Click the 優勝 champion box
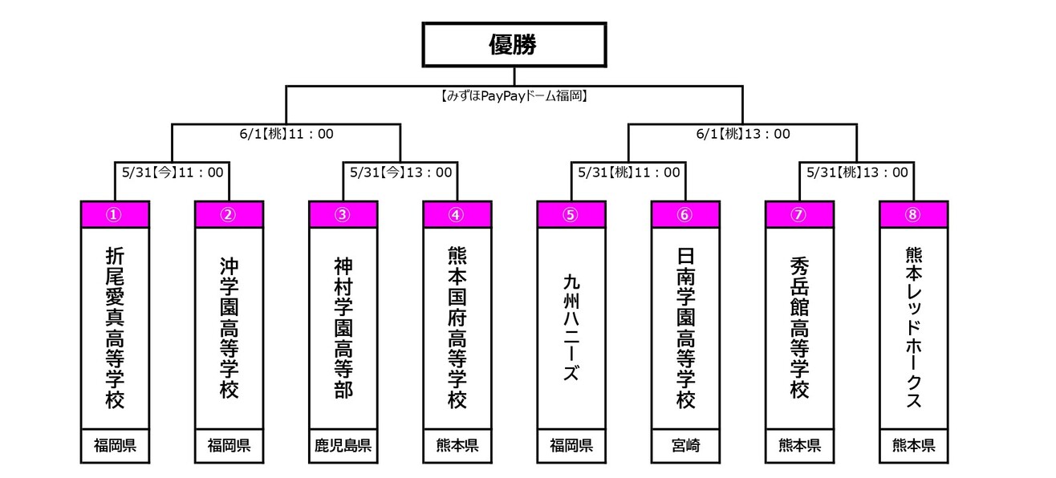[x=514, y=45]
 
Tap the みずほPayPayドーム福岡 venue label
[x=514, y=96]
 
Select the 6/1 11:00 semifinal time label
[x=286, y=134]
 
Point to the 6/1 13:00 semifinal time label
[x=743, y=134]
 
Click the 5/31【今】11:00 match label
[x=173, y=172]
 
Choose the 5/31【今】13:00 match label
[x=400, y=172]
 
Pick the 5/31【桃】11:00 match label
[x=629, y=172]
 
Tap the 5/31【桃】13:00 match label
[x=857, y=172]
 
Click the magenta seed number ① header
[x=115, y=215]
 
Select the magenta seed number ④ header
[x=457, y=215]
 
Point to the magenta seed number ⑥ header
[x=685, y=215]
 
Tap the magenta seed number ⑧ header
[x=914, y=215]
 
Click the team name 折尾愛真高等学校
[x=115, y=328]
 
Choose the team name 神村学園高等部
[x=343, y=328]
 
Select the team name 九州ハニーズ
[x=571, y=328]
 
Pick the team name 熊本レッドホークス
[x=914, y=328]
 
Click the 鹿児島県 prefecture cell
[x=343, y=445]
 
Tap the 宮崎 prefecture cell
[x=685, y=445]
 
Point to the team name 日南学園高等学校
[x=685, y=328]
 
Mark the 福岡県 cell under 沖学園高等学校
[x=229, y=445]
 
